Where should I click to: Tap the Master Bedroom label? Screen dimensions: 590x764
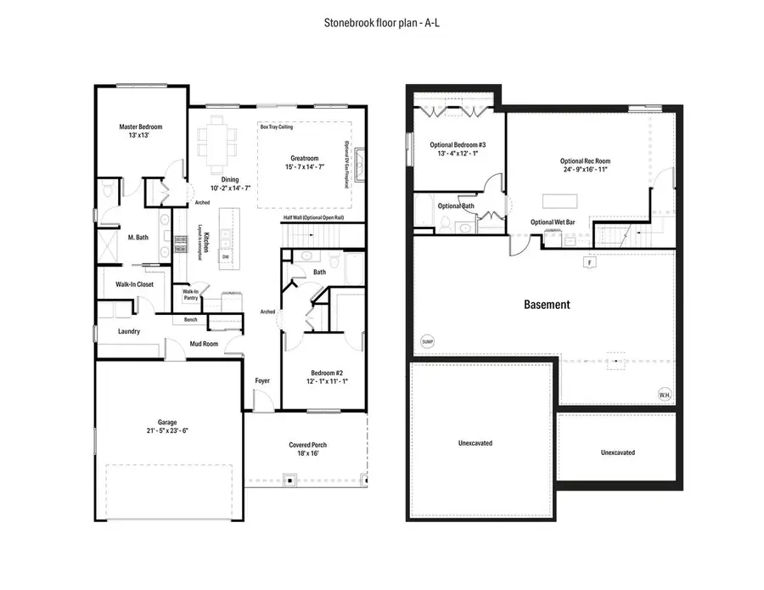click(x=140, y=126)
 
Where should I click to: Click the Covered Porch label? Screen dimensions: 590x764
click(x=307, y=445)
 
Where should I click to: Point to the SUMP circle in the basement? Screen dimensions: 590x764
click(x=427, y=342)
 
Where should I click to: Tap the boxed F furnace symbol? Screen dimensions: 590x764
click(x=587, y=263)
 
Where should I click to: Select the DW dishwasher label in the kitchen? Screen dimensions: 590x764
click(x=226, y=256)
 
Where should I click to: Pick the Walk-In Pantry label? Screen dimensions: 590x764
click(x=191, y=295)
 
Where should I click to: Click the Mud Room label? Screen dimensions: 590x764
click(x=204, y=344)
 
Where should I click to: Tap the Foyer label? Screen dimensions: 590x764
click(x=262, y=380)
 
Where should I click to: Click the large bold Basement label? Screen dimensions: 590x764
click(x=547, y=304)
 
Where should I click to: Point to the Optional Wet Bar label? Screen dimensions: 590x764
click(x=553, y=222)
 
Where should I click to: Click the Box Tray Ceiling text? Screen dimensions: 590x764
click(x=278, y=126)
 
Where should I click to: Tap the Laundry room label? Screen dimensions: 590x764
click(x=128, y=331)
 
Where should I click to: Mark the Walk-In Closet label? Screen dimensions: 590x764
click(x=129, y=284)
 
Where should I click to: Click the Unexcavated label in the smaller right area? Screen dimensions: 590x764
click(x=617, y=452)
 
